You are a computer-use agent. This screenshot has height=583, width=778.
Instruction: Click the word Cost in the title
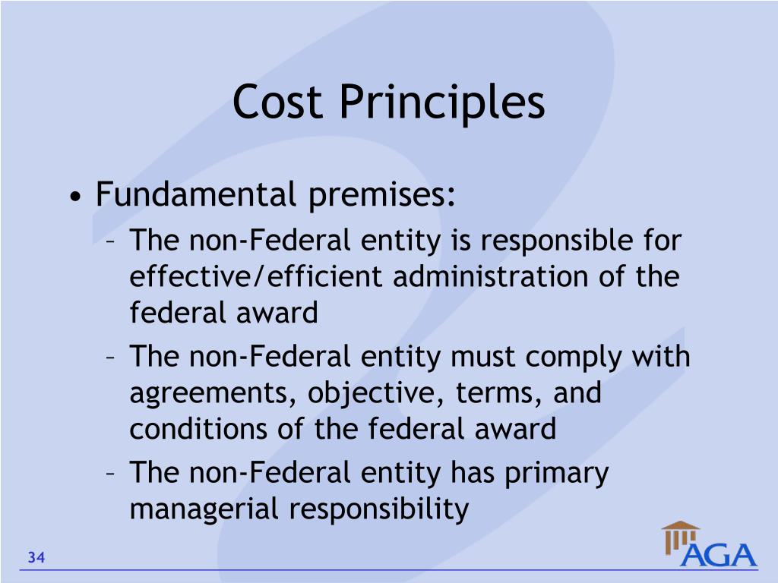pyautogui.click(x=279, y=102)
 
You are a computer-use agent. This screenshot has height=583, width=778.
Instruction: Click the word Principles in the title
pyautogui.click(x=442, y=103)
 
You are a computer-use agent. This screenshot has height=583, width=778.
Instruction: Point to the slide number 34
pyautogui.click(x=36, y=559)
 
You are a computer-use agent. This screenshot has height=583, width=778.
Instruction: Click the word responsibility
pyautogui.click(x=378, y=509)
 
